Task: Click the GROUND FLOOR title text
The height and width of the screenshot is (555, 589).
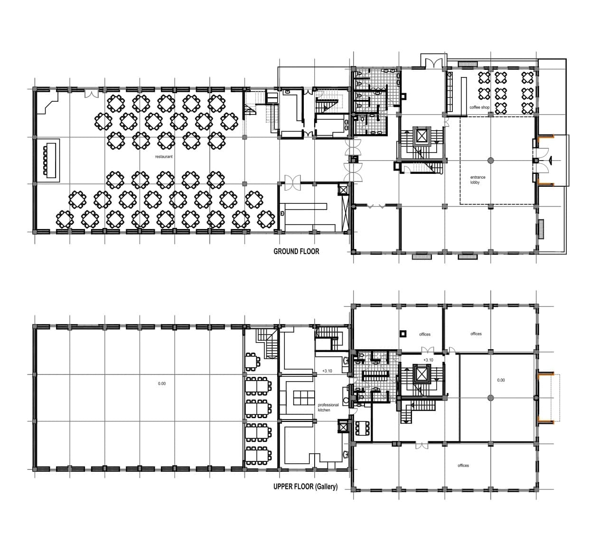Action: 296,251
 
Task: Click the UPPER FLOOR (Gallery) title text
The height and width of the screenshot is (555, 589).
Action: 305,487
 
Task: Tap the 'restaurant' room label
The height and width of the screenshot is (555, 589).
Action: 164,156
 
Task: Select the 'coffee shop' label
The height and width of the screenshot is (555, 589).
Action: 479,107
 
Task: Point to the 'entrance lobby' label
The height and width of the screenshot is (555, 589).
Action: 477,180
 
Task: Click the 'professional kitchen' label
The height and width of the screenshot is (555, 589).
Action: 328,407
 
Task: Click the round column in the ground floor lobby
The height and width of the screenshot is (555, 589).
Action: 490,160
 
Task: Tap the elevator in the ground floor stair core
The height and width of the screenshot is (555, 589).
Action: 421,136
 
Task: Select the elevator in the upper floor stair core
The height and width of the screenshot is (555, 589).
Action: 421,374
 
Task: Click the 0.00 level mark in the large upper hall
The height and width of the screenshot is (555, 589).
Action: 162,383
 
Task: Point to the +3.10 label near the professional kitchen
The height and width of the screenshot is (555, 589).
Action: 327,371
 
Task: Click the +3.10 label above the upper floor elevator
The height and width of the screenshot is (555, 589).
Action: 428,360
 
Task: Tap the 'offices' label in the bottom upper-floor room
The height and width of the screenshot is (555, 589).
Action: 463,465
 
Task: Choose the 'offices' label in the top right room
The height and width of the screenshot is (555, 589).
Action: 476,334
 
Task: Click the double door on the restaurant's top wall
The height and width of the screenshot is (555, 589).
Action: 90,93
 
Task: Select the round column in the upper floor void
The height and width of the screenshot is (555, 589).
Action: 490,397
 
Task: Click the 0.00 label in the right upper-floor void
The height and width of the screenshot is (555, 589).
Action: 501,380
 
